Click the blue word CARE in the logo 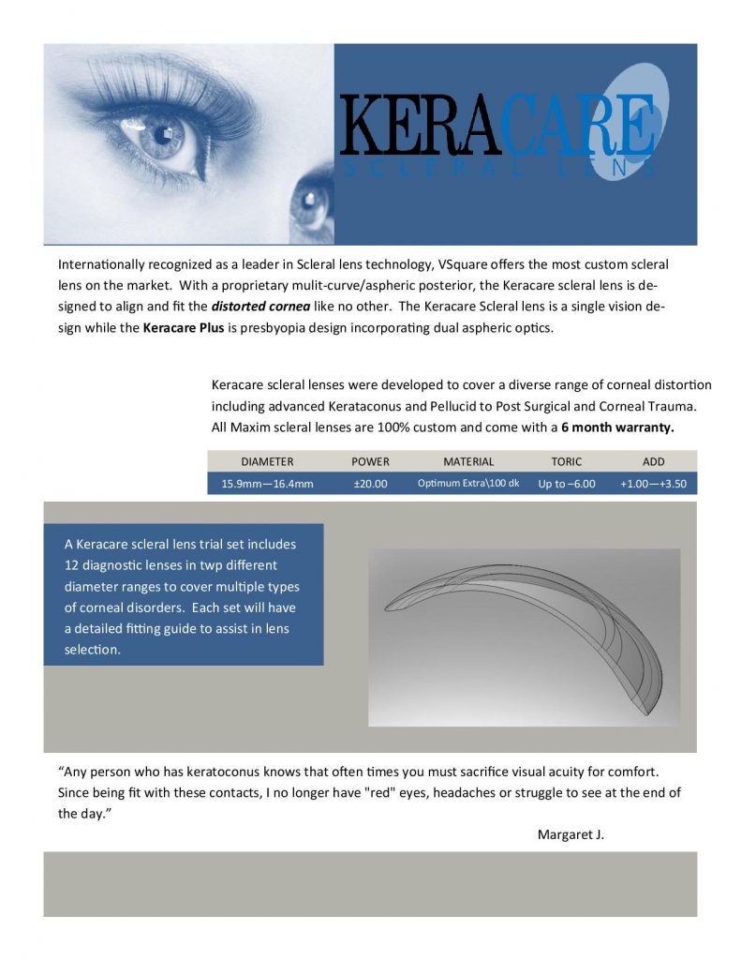click(577, 124)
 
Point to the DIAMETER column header click(267, 461)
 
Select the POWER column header click(370, 461)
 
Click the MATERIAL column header click(468, 461)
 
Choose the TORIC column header click(567, 461)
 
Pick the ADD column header click(653, 461)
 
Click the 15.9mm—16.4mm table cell click(267, 484)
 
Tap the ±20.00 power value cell click(370, 484)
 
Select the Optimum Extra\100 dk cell click(468, 484)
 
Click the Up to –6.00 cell click(567, 484)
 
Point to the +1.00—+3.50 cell click(653, 484)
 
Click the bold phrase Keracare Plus click(184, 328)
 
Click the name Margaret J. click(571, 834)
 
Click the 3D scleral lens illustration click(525, 637)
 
